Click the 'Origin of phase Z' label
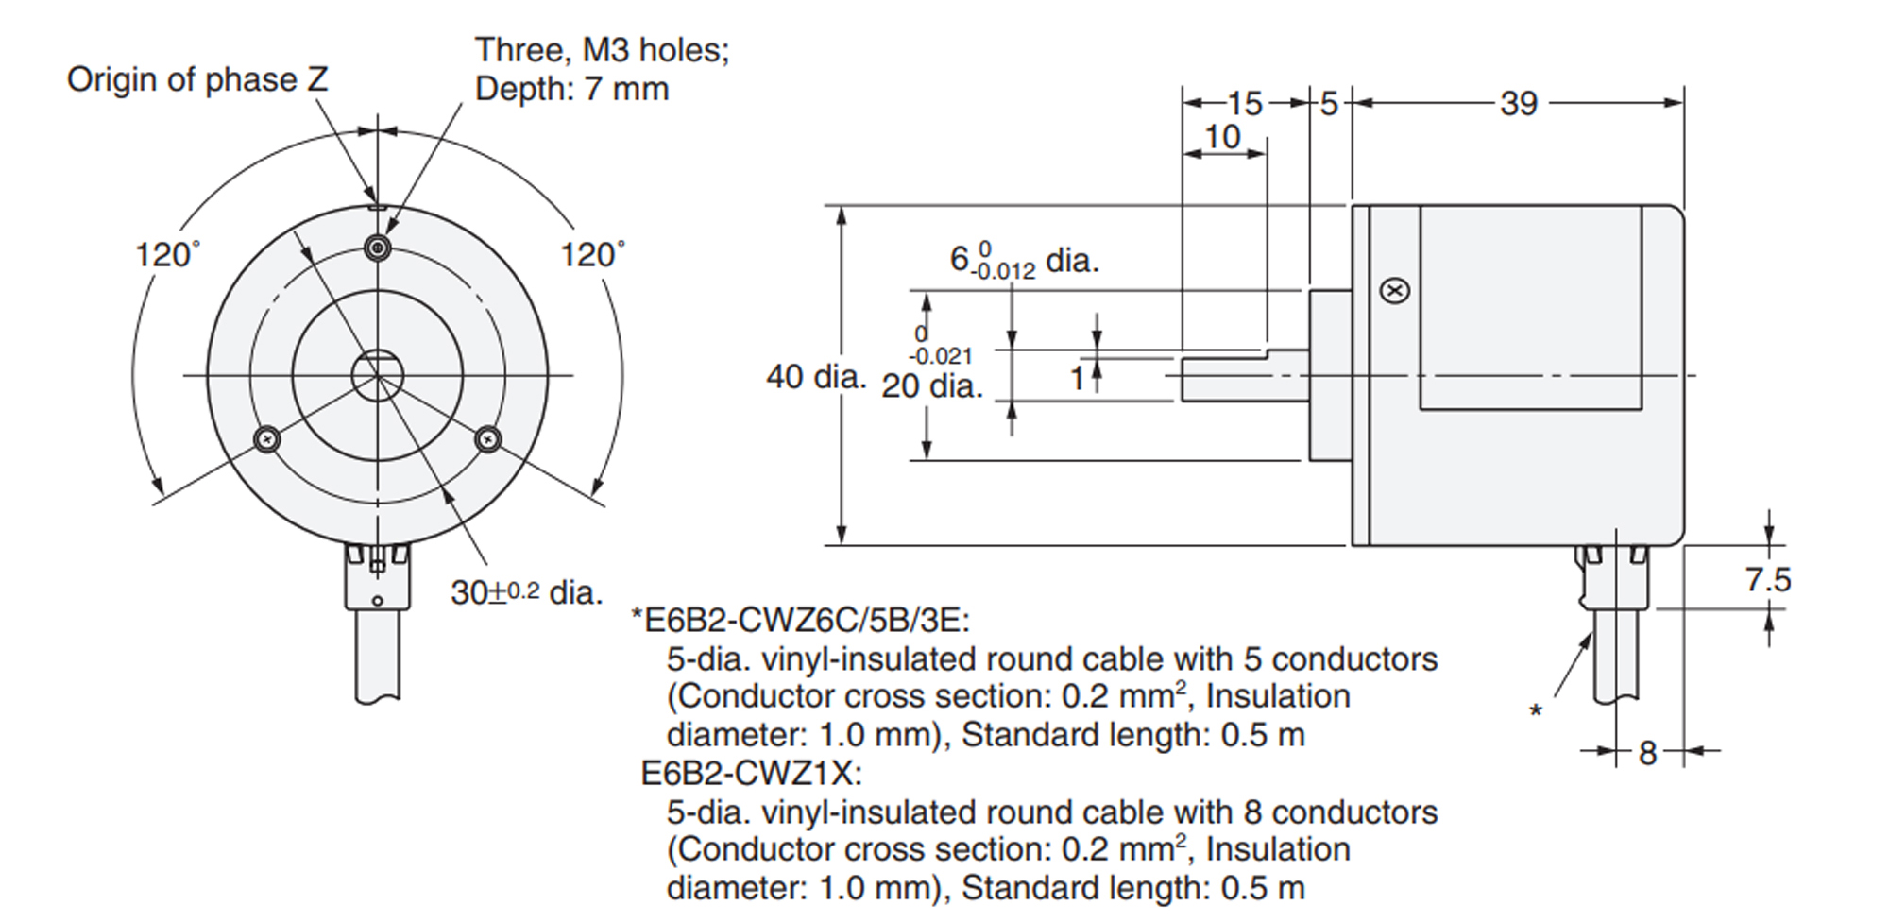click(x=197, y=80)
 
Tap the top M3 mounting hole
click(x=378, y=248)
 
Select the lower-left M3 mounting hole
click(x=268, y=438)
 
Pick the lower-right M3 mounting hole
click(x=487, y=438)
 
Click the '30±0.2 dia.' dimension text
click(x=526, y=593)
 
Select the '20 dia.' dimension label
click(x=932, y=386)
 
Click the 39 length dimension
click(x=1519, y=104)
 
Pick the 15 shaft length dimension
click(x=1245, y=104)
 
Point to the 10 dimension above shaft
click(x=1222, y=138)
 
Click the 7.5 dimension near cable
click(x=1767, y=579)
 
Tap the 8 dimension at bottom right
click(x=1648, y=753)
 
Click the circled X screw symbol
click(x=1395, y=291)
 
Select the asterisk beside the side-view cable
click(x=1536, y=711)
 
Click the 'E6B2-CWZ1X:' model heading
click(x=751, y=774)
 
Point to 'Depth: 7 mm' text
click(x=571, y=90)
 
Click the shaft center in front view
click(x=378, y=376)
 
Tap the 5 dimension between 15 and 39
click(x=1329, y=104)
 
